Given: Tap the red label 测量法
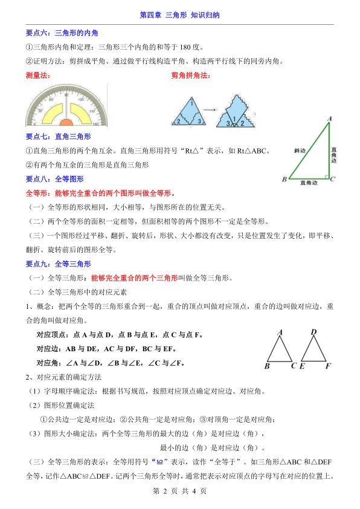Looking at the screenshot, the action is click(x=37, y=75).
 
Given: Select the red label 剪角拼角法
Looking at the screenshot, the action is click(x=190, y=75).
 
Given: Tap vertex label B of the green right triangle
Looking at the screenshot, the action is click(x=284, y=180).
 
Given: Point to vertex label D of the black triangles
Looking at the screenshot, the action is click(x=313, y=332).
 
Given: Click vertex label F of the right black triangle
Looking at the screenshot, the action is click(x=328, y=366).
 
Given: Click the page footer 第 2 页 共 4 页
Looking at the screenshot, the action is click(x=179, y=491).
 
